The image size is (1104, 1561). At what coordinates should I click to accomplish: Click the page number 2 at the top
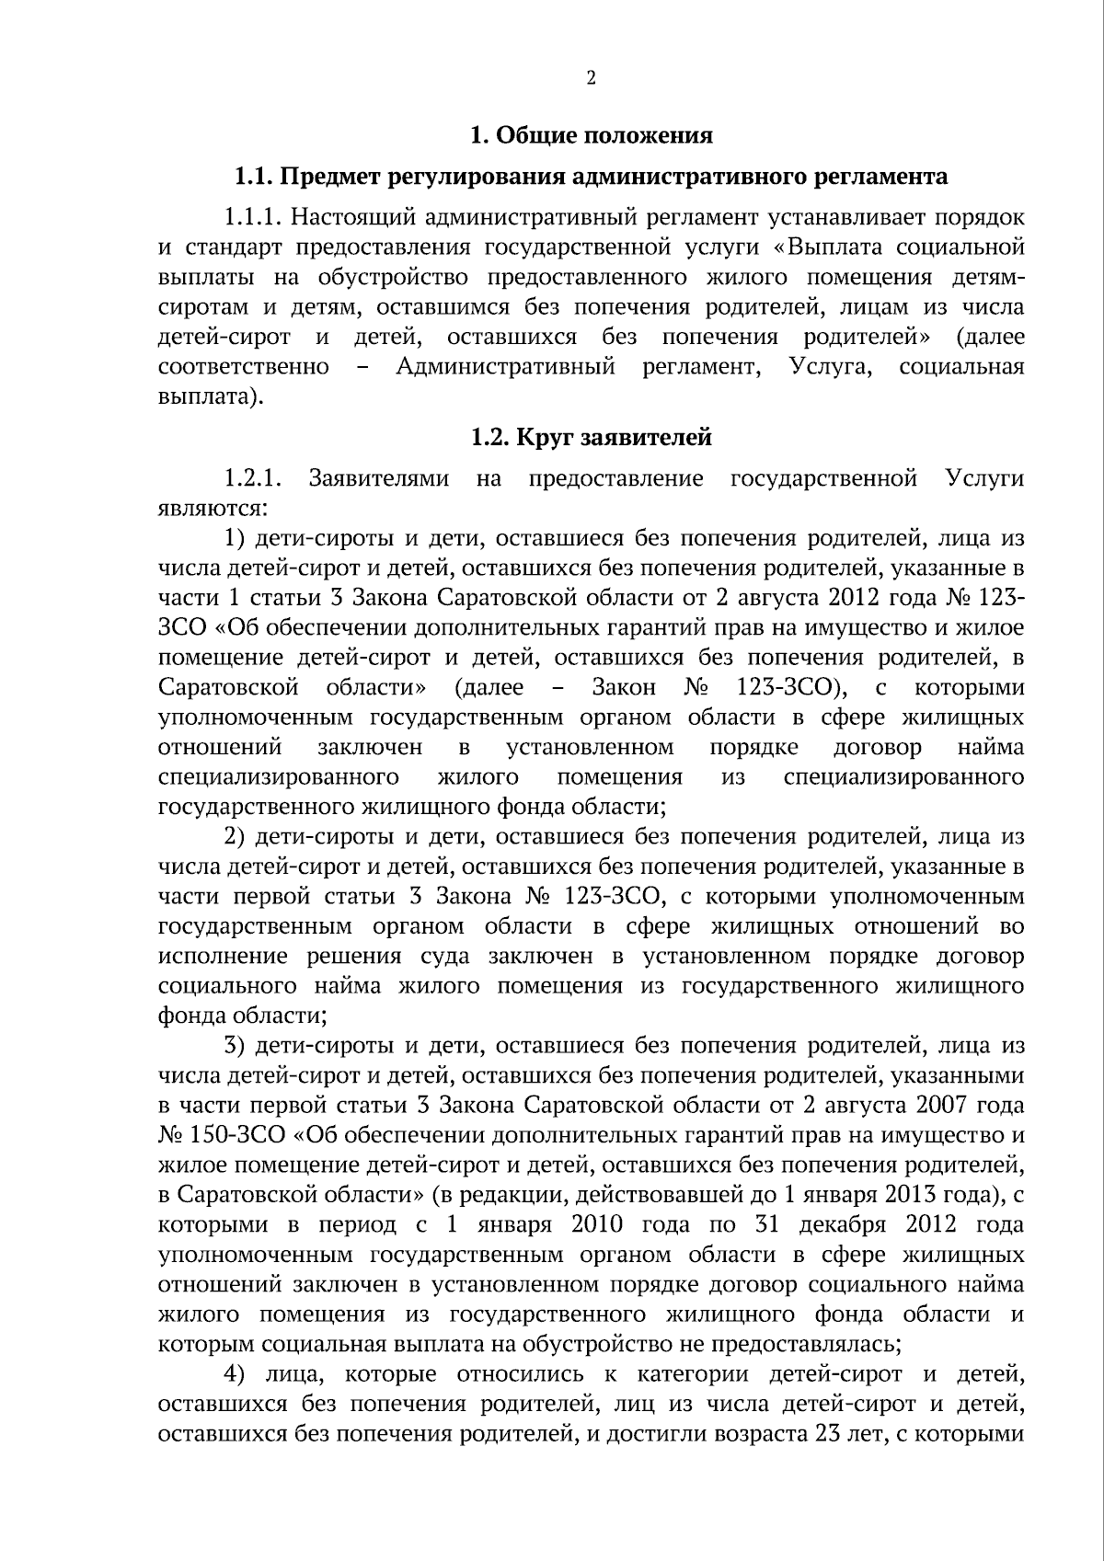coord(591,78)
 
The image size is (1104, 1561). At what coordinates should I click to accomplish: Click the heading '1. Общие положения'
coord(591,136)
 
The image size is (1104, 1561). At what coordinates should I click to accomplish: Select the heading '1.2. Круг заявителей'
coord(591,438)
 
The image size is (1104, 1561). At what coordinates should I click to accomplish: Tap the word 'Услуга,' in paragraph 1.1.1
coord(825,367)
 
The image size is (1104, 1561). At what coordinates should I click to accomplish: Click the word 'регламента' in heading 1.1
coord(888,177)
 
